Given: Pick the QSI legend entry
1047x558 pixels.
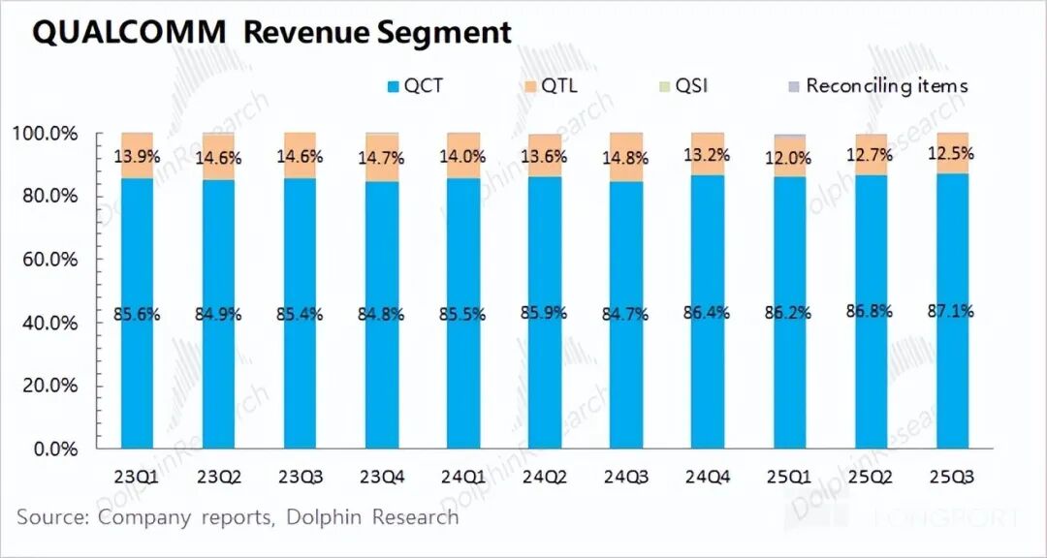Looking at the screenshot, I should coord(683,86).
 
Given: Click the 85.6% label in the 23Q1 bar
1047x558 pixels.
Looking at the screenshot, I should coord(138,314).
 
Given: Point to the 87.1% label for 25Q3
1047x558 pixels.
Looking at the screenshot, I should coord(951,311).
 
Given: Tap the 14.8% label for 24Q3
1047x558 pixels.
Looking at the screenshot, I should coord(626,158).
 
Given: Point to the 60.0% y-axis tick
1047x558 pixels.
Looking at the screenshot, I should coord(48,260).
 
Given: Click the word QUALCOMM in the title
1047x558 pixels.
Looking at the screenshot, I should coord(128,32).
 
